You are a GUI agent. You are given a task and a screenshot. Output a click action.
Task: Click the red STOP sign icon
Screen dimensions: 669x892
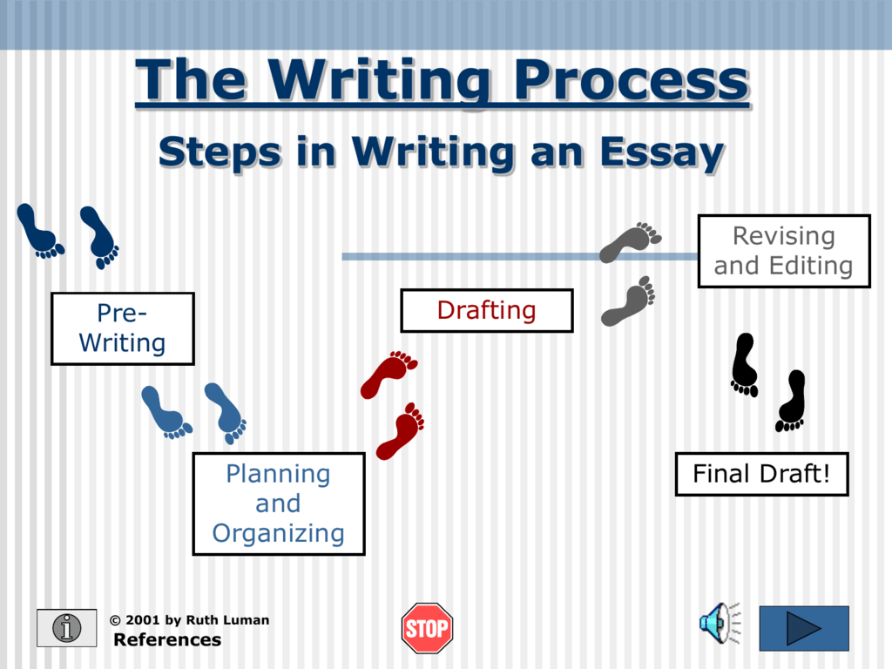click(x=427, y=628)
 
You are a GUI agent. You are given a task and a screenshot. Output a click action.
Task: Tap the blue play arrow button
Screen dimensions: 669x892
click(x=803, y=628)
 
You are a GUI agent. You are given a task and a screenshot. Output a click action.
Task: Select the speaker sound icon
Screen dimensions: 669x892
click(x=715, y=623)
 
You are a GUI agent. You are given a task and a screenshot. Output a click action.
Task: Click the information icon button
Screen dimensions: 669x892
click(x=66, y=628)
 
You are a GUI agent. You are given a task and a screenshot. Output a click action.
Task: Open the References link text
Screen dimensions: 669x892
click(x=167, y=640)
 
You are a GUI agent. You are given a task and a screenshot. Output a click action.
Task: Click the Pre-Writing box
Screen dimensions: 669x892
click(x=122, y=328)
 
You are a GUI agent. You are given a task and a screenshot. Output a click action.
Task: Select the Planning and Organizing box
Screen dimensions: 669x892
click(x=278, y=503)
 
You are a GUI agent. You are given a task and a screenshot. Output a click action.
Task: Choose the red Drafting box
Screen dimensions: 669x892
click(x=486, y=310)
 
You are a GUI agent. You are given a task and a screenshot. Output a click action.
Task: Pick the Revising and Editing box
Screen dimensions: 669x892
click(x=783, y=251)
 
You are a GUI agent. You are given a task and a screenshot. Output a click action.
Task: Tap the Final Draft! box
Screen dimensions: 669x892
click(x=761, y=474)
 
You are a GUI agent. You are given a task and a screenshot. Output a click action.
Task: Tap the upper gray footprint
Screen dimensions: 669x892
click(x=629, y=241)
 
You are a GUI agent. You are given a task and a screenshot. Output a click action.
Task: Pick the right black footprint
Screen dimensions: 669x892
click(x=792, y=401)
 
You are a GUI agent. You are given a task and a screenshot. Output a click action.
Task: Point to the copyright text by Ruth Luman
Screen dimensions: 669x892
click(x=189, y=620)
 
